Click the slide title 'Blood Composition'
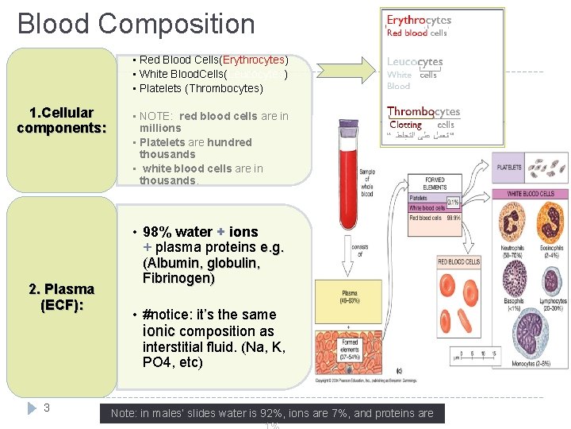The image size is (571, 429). point(136,24)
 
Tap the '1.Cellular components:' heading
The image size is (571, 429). point(61,120)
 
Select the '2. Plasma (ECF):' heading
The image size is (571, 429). point(61,296)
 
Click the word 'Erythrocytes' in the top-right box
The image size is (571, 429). point(419,20)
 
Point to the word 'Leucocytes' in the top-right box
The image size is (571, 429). point(415,61)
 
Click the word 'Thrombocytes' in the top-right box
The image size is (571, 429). point(423,112)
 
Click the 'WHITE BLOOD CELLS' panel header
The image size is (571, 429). point(529,194)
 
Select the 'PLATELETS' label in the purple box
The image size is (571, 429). point(509,168)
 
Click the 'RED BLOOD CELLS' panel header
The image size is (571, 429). point(459,261)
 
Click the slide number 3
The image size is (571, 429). point(47,408)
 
